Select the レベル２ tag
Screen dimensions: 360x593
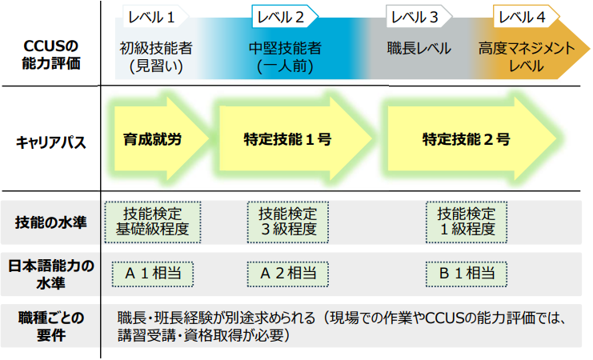[x=284, y=16]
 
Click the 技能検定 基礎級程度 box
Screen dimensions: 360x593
[x=153, y=222]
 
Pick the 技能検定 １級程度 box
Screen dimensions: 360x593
[x=467, y=222]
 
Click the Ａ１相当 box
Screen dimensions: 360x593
[x=153, y=273]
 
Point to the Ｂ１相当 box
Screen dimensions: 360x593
[x=467, y=273]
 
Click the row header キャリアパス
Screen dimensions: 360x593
[x=50, y=142]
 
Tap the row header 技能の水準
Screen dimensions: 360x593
[x=50, y=222]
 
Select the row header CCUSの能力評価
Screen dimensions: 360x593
[x=50, y=49]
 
